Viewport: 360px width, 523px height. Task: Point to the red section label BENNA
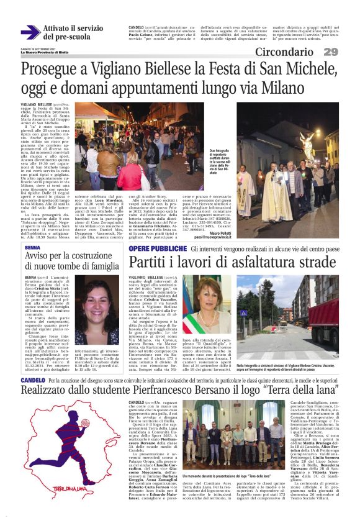(x=32, y=247)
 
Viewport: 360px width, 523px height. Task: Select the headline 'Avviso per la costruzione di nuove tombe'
(x=71, y=261)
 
